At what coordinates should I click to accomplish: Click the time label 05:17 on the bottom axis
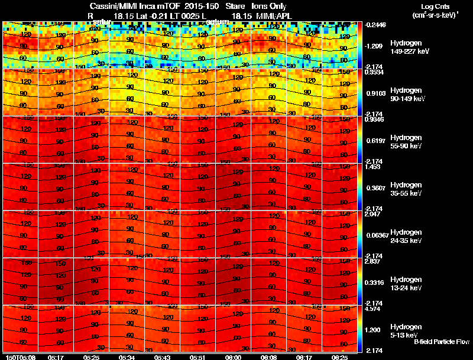pyautogui.click(x=56, y=357)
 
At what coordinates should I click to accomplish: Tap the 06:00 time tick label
pyautogui.click(x=234, y=357)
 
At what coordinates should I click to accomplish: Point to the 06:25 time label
pyautogui.click(x=339, y=357)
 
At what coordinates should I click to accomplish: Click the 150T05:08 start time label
pyautogui.click(x=20, y=357)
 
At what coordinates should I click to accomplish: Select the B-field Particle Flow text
pyautogui.click(x=441, y=342)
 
